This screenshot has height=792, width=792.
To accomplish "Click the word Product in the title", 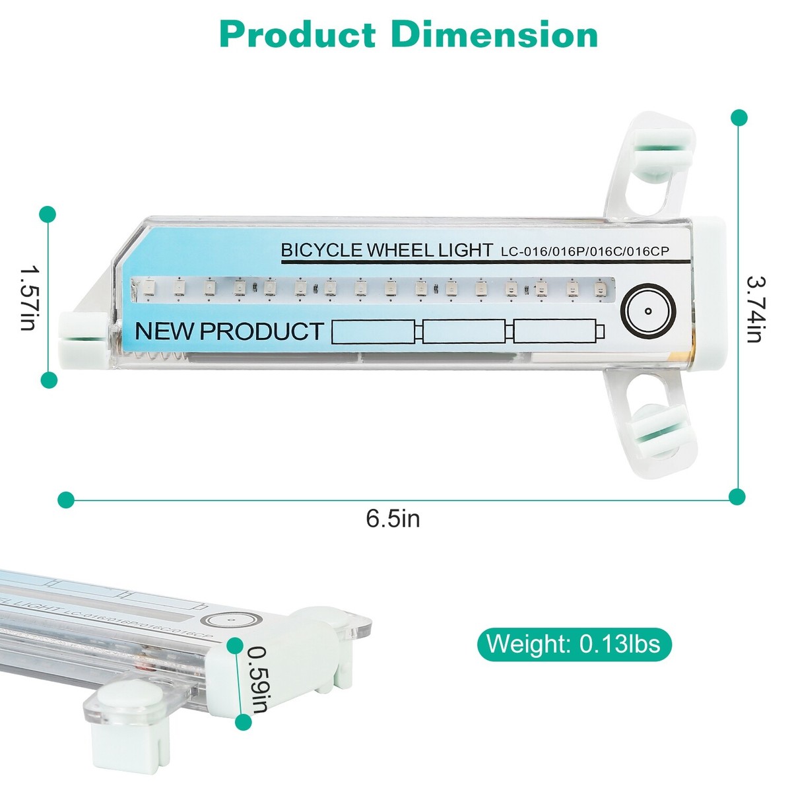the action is [298, 35].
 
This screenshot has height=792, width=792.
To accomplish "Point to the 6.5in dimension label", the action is [393, 519].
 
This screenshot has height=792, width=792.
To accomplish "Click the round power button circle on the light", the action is [648, 311].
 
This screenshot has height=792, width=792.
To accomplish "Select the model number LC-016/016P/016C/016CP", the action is [585, 251].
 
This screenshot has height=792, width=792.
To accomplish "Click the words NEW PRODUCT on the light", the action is [229, 331].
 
